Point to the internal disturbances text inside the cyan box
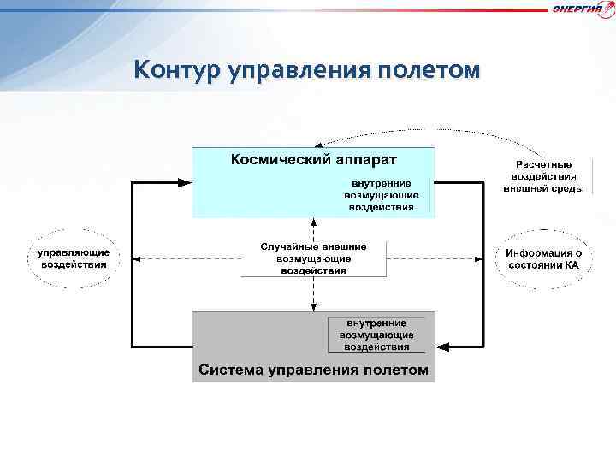382,195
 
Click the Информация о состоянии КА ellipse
543,258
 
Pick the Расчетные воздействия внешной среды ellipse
543,176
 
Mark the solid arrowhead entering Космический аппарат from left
185,182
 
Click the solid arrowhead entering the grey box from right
442,346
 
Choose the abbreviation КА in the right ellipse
571,265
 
